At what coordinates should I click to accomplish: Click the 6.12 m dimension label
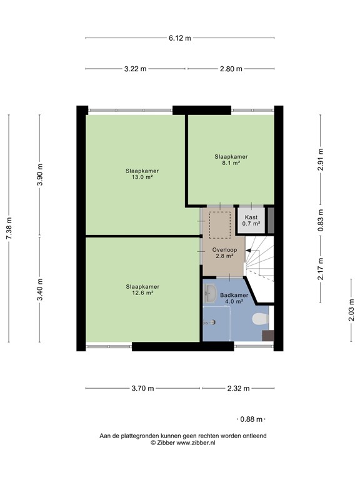coord(179,37)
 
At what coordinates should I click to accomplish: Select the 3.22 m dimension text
coord(135,69)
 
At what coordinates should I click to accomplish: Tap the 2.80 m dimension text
coord(231,69)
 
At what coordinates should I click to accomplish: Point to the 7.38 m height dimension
coord(9,228)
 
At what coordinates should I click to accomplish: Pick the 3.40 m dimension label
coord(40,289)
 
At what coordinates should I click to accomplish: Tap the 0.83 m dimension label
coord(321,219)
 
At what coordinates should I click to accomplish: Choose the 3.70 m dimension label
coord(142,388)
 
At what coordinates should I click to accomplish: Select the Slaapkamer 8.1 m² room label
coord(231,159)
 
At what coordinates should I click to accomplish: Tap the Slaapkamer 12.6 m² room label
coord(142,289)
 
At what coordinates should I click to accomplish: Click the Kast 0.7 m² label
coord(251,220)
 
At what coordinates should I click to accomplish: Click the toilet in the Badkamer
coord(257,320)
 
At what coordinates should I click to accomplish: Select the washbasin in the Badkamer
coord(210,292)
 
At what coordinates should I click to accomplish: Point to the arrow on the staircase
coord(250,251)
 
